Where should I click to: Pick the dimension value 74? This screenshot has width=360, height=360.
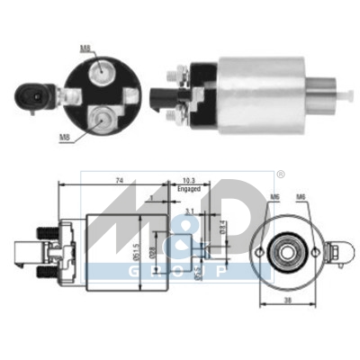point(120,181)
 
